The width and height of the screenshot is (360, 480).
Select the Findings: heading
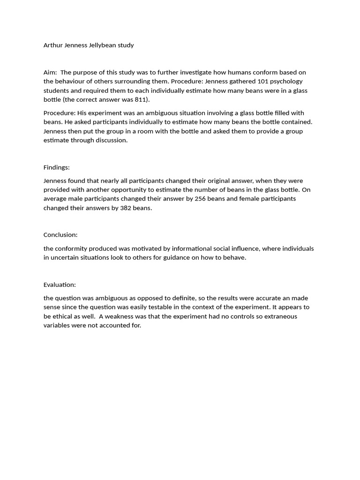(56, 167)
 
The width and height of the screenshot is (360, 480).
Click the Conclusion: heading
(60, 235)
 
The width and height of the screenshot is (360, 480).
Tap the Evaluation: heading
(60, 285)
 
